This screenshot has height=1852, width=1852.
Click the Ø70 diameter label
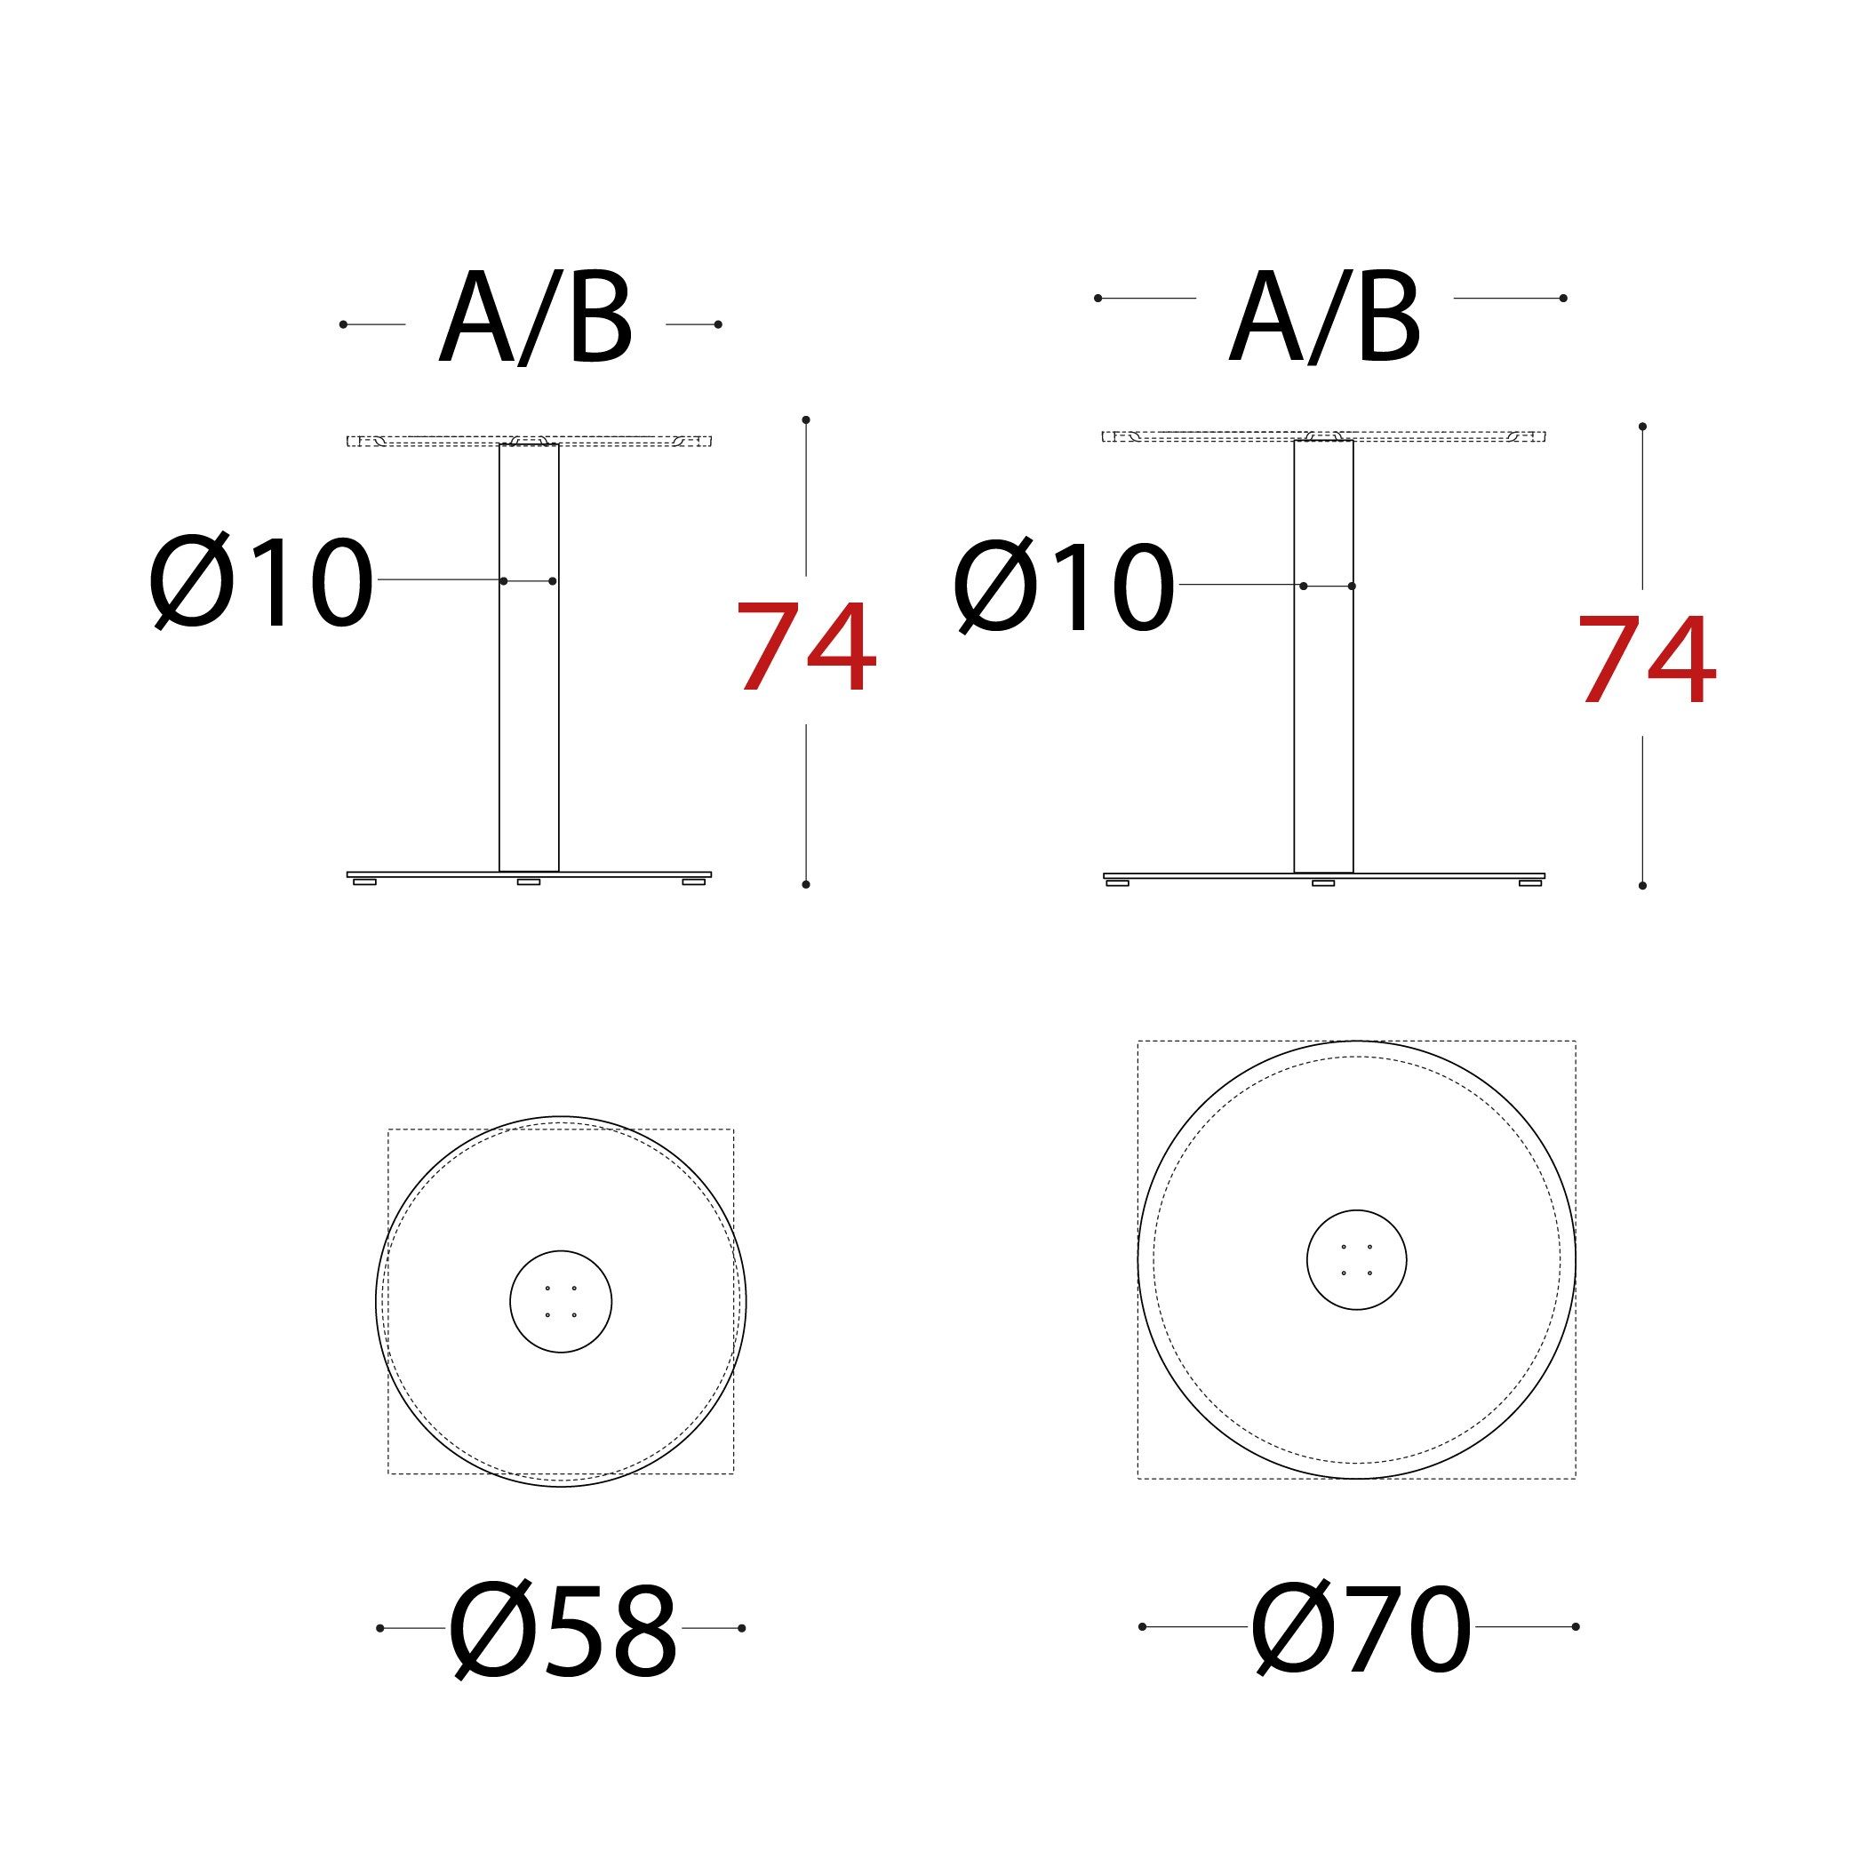pos(1361,1629)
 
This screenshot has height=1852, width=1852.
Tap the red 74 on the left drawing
pos(806,647)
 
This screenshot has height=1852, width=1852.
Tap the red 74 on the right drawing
pos(1646,660)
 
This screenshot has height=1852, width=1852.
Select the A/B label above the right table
pos(1325,318)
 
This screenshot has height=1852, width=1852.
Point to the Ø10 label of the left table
pos(260,582)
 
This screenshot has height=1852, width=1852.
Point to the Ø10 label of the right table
pos(1064,587)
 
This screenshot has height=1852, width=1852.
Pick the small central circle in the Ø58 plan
pos(561,1301)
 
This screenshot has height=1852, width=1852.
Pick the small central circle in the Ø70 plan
pos(1356,1259)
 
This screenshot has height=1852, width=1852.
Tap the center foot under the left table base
pos(528,881)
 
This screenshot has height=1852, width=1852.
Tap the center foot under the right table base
pos(1323,882)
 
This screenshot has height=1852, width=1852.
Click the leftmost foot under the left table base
pos(364,881)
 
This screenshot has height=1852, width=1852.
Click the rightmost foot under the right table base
pos(1530,882)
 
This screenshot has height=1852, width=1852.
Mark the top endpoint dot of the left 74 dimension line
pos(806,419)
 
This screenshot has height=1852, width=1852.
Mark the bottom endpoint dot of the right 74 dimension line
pos(1642,885)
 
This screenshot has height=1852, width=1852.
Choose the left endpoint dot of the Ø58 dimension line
pos(380,1628)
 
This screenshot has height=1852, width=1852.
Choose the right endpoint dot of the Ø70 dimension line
pos(1576,1625)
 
